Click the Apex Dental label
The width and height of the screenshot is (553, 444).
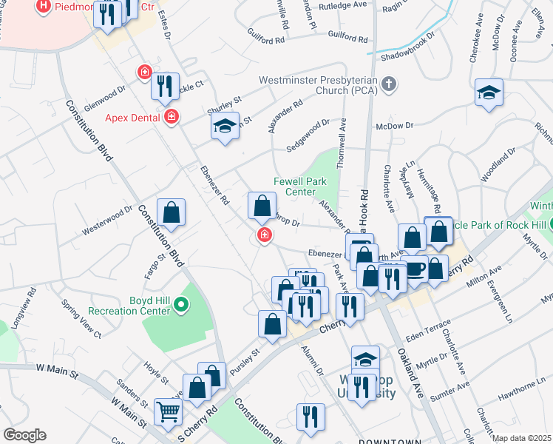tap(133, 117)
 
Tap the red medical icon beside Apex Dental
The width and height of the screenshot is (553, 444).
tap(172, 116)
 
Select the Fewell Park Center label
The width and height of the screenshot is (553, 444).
tap(295, 186)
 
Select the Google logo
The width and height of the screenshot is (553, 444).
tap(24, 435)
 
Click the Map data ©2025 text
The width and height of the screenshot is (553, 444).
tap(522, 438)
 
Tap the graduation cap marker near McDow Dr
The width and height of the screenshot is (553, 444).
tap(489, 92)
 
